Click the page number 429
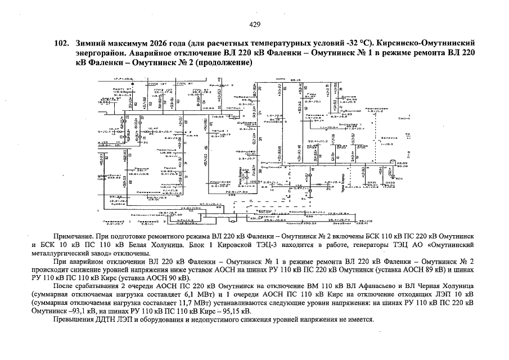click(254, 24)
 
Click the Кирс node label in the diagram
click(282, 79)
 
